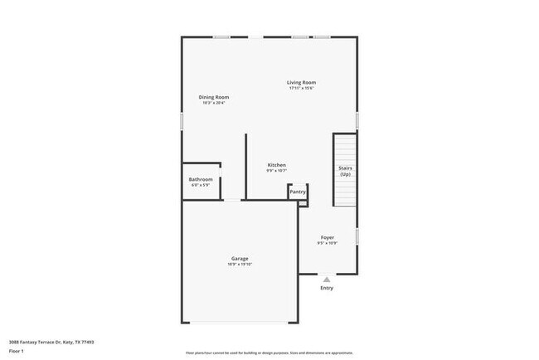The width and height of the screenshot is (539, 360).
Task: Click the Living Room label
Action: click(302, 82)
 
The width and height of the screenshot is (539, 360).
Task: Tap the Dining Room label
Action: click(214, 97)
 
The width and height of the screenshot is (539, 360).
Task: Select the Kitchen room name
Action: click(277, 165)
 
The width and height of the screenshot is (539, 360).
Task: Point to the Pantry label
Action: click(298, 192)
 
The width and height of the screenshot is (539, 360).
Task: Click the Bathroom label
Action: click(201, 179)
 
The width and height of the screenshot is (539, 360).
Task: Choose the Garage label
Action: click(240, 258)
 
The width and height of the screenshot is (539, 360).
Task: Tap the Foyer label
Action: click(328, 237)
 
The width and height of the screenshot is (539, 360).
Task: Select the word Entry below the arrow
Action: click(327, 289)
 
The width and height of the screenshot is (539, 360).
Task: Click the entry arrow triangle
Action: click(327, 280)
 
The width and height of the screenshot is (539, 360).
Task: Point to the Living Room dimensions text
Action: click(302, 88)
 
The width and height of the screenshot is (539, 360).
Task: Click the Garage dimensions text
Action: click(240, 264)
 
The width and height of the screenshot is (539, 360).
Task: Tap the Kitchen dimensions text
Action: click(277, 171)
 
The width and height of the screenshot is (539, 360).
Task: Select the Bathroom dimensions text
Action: click(201, 185)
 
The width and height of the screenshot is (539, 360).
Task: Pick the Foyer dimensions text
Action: click(328, 243)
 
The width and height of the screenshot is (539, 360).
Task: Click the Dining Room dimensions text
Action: click(214, 103)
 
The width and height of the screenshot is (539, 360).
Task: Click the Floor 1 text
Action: click(16, 351)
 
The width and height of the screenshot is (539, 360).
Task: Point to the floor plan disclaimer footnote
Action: click(269, 352)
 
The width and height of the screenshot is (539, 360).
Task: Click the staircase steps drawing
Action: click(345, 149)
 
